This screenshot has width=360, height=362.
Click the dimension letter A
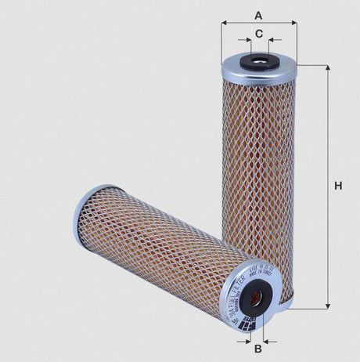[258, 14]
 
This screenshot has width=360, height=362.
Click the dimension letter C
[259, 34]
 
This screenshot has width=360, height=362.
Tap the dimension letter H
[338, 186]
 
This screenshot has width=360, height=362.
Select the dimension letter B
[258, 348]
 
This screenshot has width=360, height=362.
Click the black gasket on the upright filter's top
[258, 61]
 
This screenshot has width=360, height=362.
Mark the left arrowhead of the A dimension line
[225, 24]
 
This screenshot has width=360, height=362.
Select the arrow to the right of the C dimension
[274, 38]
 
